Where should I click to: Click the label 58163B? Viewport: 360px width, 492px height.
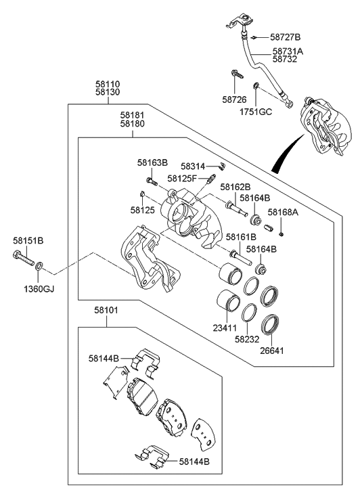coord(152,162)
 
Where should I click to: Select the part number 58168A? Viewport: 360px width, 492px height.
coord(283,212)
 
